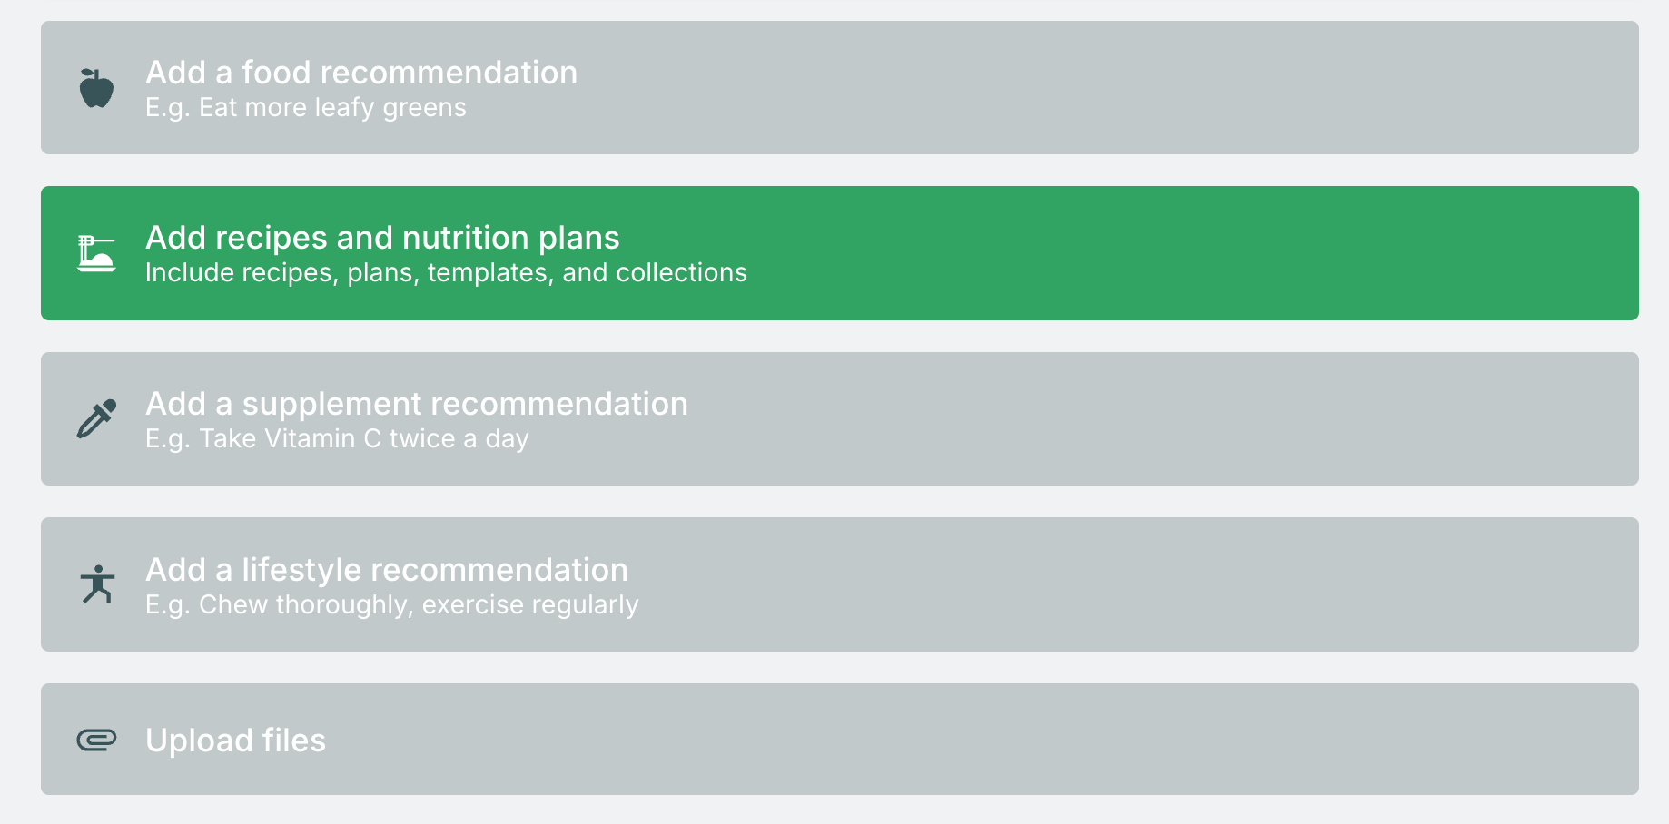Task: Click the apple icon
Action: coord(96,88)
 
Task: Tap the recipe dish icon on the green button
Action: coord(96,254)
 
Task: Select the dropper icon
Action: coord(96,418)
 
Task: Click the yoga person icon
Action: coord(97,584)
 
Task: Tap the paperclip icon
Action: coord(96,741)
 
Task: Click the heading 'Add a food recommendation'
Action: coord(361,73)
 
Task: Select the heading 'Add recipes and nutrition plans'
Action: coord(382,238)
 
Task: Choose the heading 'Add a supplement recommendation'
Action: coord(417,404)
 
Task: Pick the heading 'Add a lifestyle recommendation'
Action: coord(387,570)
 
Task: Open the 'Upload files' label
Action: coord(235,741)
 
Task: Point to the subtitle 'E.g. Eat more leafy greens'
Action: coord(306,107)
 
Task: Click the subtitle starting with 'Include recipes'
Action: coord(446,272)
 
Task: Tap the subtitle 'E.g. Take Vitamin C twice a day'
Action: coord(337,438)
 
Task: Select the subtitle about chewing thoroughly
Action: coord(392,604)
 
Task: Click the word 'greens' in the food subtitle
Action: coord(424,109)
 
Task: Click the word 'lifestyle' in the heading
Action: coord(302,570)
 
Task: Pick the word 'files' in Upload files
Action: coord(293,741)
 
